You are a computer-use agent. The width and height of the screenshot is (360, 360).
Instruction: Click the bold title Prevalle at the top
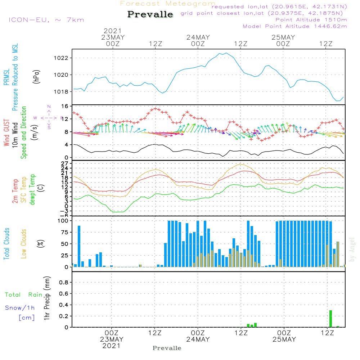pos(150,14)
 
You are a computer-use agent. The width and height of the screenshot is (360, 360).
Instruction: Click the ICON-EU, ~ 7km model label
pos(46,20)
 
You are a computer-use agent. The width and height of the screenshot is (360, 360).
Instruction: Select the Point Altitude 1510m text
pos(311,20)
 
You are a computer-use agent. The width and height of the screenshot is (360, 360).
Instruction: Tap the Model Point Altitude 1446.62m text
pos(295,26)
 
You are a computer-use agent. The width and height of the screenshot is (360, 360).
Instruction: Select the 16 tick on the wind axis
pos(65,107)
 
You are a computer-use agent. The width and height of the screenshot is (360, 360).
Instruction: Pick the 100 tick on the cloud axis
pos(63,220)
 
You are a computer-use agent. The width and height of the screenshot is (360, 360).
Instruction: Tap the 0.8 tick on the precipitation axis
pos(64,283)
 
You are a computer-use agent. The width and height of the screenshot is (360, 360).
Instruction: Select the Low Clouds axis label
pos(24,243)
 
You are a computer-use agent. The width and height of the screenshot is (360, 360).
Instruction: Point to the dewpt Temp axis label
pos(32,190)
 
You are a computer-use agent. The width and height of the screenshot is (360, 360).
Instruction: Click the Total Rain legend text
pos(23,295)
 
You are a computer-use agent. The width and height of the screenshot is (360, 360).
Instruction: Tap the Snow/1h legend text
pos(20,308)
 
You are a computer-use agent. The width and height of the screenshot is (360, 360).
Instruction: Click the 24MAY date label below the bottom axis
pos(198,339)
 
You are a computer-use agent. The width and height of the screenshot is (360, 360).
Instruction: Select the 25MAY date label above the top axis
pos(283,37)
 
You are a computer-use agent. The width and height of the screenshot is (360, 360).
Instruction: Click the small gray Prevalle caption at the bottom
pos(167,348)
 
